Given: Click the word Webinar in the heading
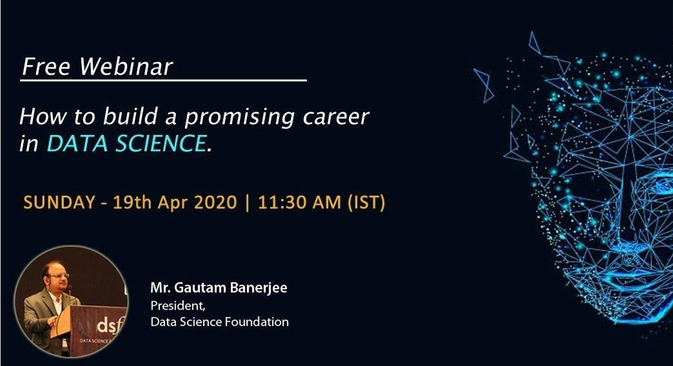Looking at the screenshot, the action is coord(126,67).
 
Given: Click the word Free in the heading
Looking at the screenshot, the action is coord(46,67).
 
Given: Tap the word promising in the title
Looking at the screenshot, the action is coord(240,118).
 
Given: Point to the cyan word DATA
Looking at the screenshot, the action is coord(77,144).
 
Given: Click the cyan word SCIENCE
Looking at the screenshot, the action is coord(161,144).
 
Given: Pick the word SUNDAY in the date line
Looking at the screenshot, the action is coord(59,202).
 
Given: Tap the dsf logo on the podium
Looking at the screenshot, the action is coord(107,326).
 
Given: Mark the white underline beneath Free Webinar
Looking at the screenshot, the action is coord(164,80).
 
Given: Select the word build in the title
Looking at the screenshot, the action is coord(131,117).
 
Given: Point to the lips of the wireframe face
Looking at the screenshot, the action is coord(631,275).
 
